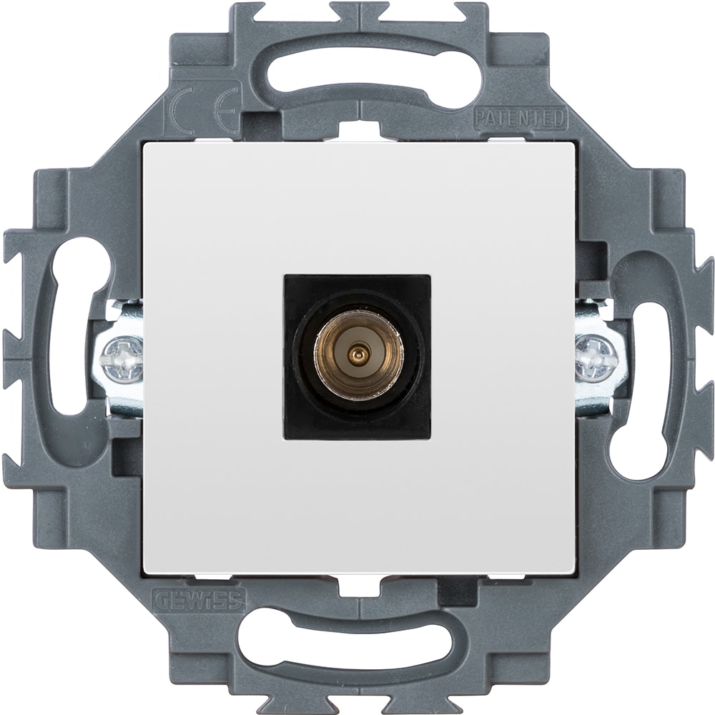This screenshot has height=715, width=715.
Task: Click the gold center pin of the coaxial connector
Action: point(357,352)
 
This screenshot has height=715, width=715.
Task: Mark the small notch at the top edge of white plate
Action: point(357,134)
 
